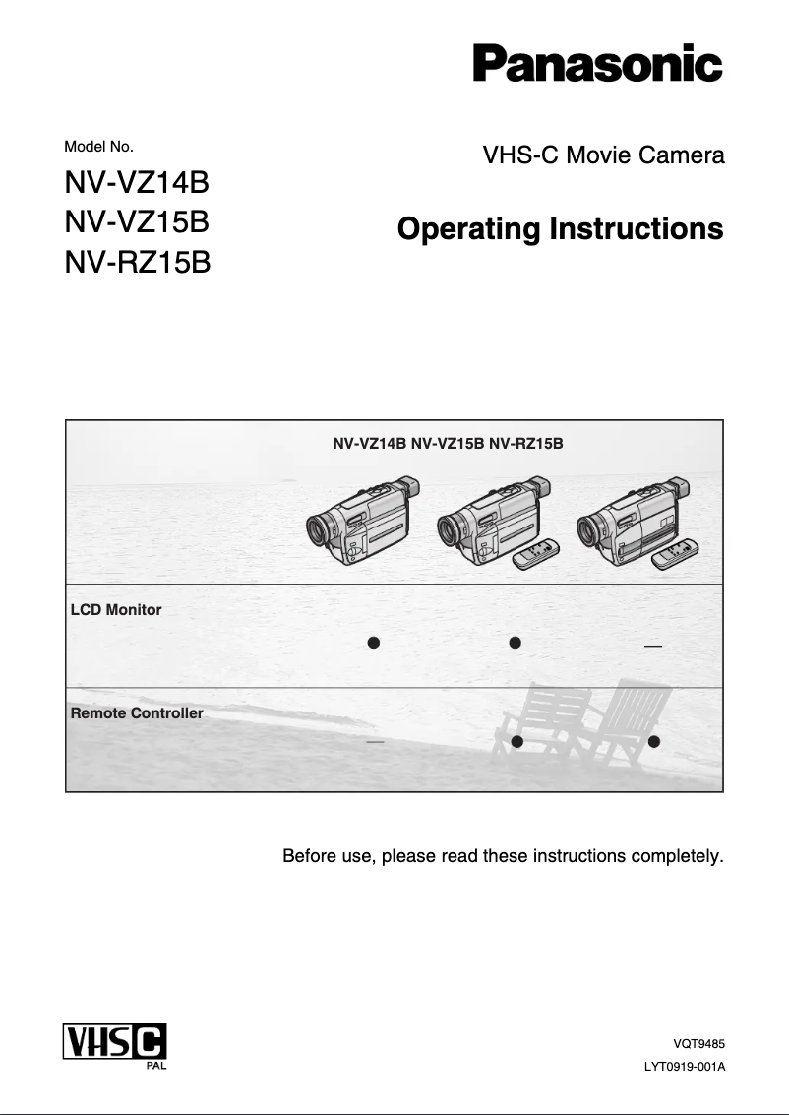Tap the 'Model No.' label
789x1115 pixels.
tap(98, 147)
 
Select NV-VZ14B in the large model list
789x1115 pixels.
tap(137, 184)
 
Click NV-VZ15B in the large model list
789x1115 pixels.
tap(137, 223)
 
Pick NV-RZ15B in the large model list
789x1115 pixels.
tap(137, 263)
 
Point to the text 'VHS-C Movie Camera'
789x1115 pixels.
tap(603, 155)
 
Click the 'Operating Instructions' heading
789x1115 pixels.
tap(560, 229)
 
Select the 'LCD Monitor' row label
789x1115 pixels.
tap(116, 610)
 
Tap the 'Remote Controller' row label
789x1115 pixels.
tap(137, 713)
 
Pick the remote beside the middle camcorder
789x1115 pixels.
tap(536, 557)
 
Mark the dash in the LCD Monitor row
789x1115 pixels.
tap(652, 647)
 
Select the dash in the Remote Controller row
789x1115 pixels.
tap(374, 741)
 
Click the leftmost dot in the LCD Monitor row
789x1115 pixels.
tap(374, 643)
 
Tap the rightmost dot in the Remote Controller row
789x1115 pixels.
tap(653, 740)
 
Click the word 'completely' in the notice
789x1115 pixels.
tap(679, 856)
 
